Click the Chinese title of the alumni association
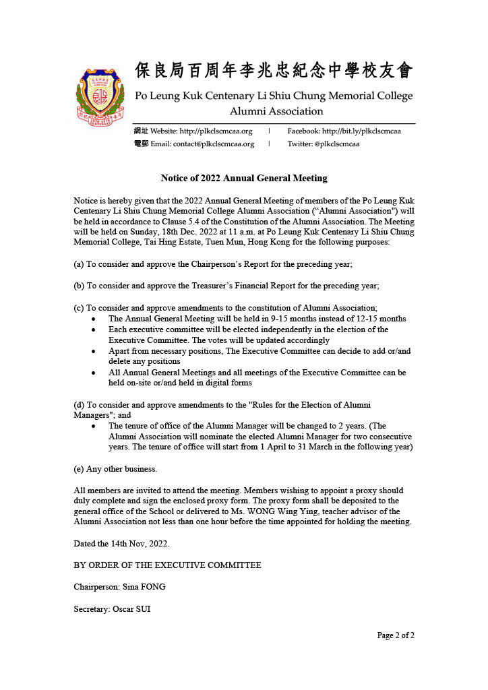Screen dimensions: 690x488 (x=274, y=71)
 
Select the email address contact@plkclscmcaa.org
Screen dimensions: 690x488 (x=214, y=144)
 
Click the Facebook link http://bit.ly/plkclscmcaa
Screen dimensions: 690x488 (x=361, y=131)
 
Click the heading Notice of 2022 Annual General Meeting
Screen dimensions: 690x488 (x=244, y=179)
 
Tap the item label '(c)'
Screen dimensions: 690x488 (x=79, y=307)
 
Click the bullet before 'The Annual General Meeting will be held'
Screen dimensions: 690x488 (x=93, y=319)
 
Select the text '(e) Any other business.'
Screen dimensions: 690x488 (x=115, y=468)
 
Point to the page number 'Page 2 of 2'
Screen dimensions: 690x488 (x=396, y=635)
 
